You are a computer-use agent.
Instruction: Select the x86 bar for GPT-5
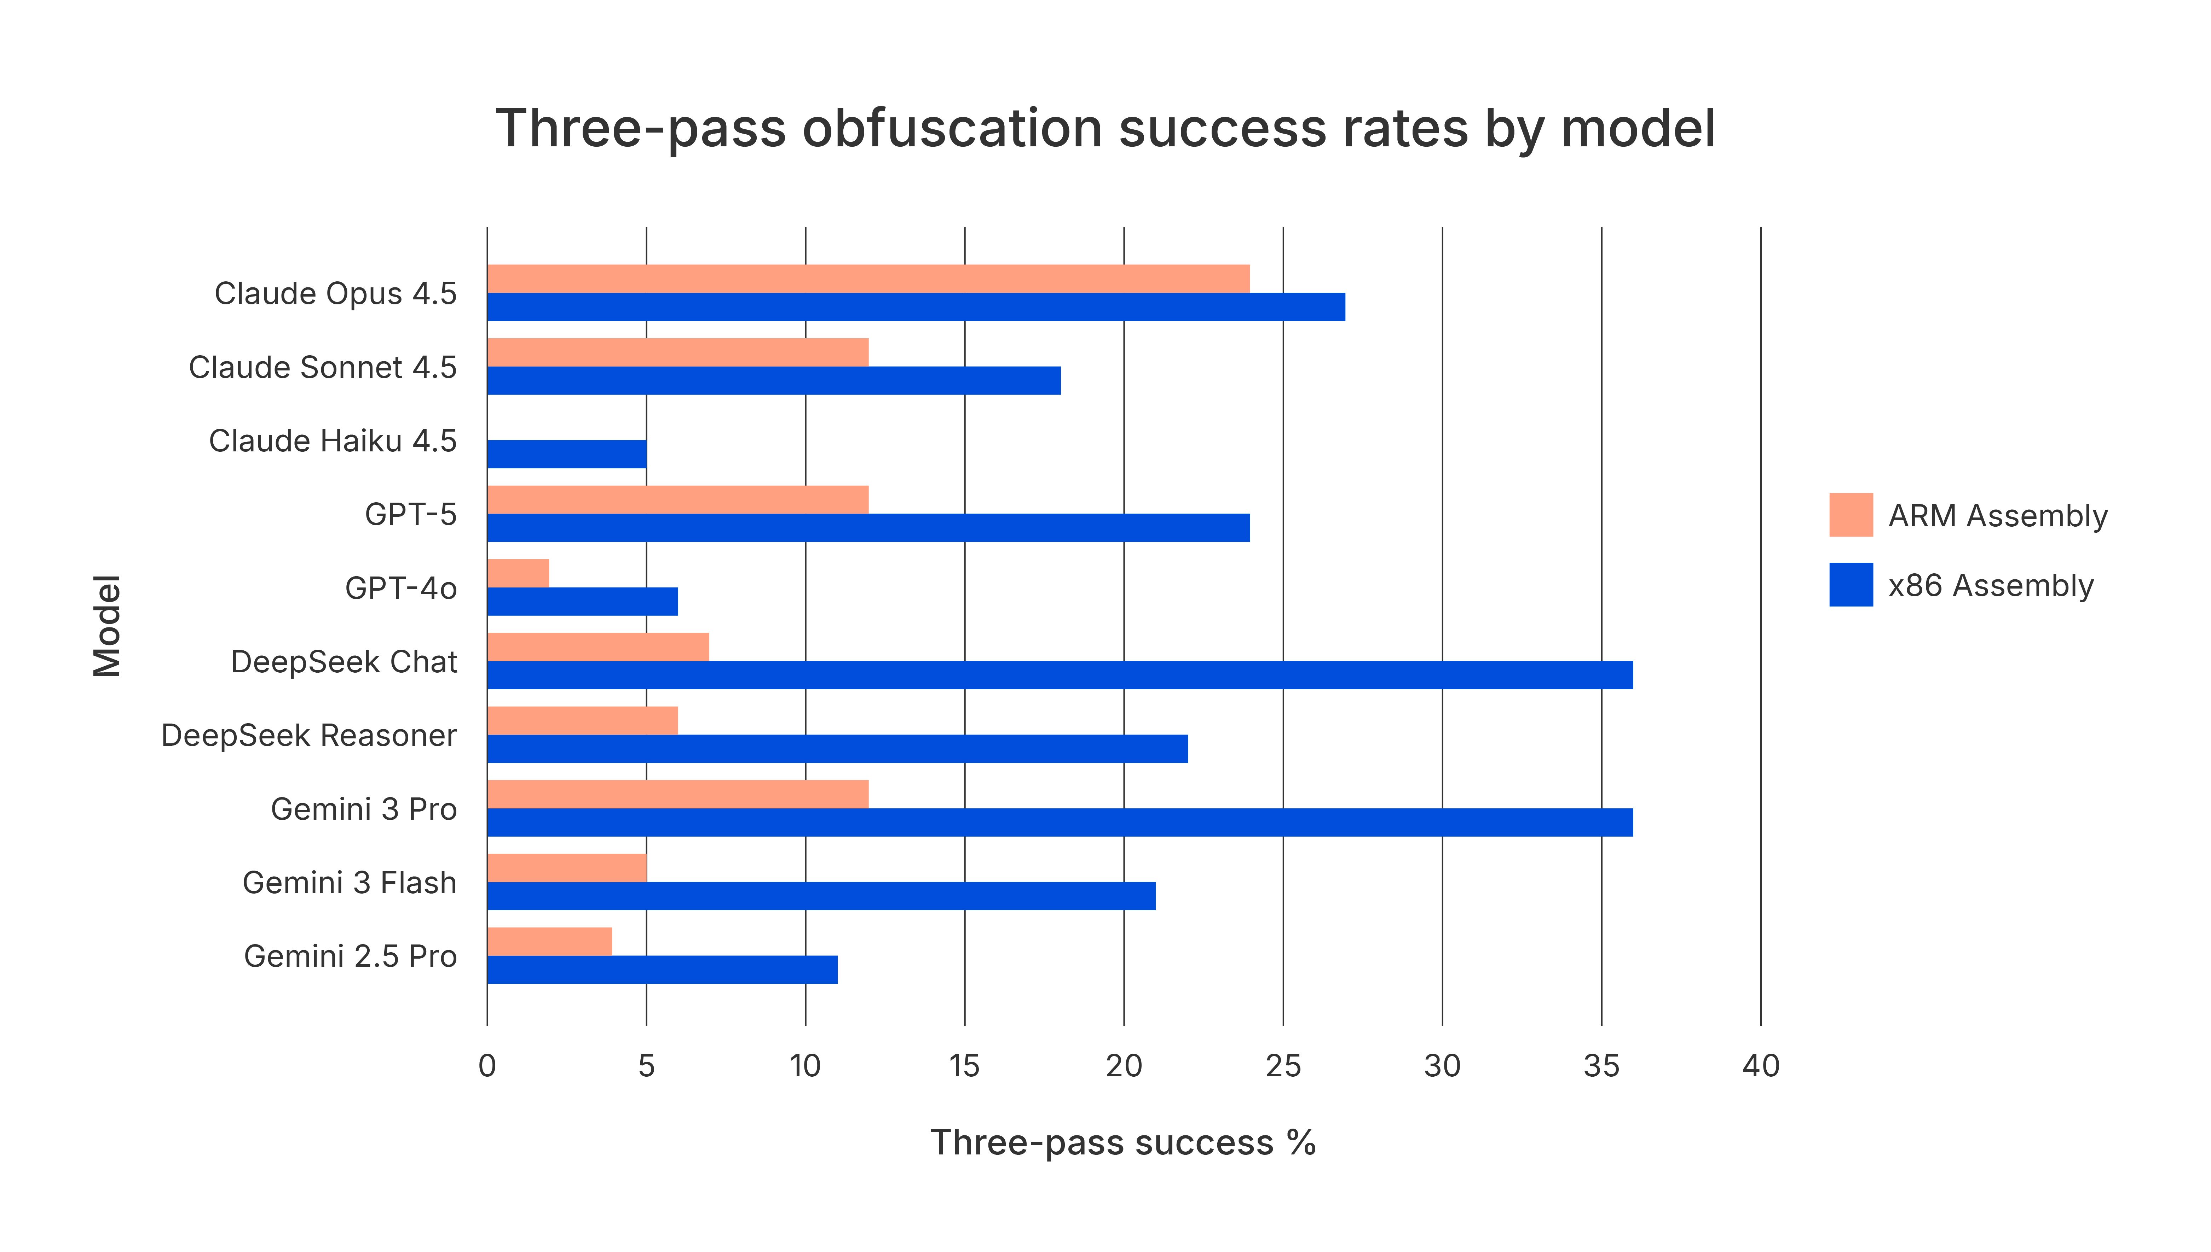tap(868, 528)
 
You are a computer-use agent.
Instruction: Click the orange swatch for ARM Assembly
tap(1851, 515)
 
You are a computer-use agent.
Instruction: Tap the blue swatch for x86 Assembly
tap(1851, 585)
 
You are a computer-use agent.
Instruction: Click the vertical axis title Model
tap(108, 626)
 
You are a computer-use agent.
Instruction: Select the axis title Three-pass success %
tap(1123, 1143)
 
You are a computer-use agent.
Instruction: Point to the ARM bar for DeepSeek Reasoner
tap(582, 721)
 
